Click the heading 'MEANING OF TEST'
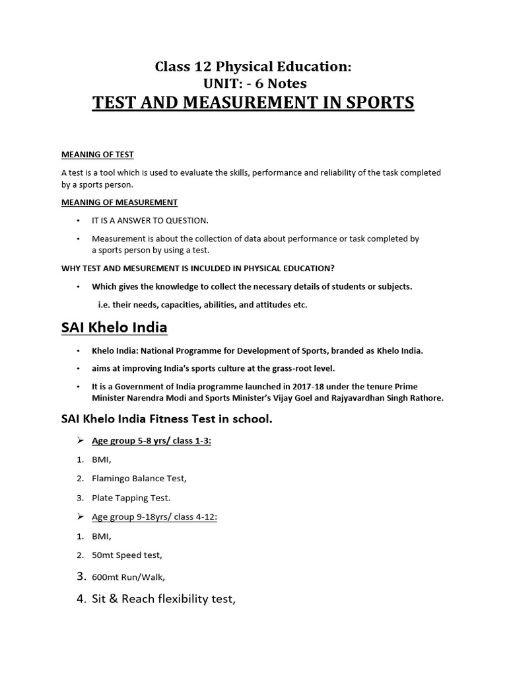pos(97,155)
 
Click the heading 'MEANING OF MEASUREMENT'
pos(119,202)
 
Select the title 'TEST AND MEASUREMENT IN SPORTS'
pos(253,102)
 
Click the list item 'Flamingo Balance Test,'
pos(135,478)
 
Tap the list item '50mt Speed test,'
pos(127,556)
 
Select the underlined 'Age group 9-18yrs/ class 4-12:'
pos(154,517)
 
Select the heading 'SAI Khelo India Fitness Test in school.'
pos(166,418)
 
